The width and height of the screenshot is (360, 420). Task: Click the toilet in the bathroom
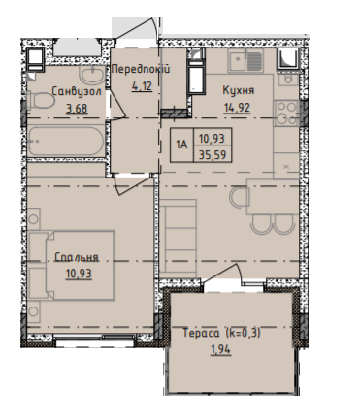pyautogui.click(x=41, y=101)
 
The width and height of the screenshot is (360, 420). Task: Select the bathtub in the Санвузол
pyautogui.click(x=66, y=142)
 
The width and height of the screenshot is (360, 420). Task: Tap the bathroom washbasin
pyautogui.click(x=92, y=75)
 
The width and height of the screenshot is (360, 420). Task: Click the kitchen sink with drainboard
pyautogui.click(x=245, y=60)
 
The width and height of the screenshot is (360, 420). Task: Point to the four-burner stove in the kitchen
pyautogui.click(x=286, y=113)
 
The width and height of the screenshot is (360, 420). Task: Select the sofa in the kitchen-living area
pyautogui.click(x=179, y=236)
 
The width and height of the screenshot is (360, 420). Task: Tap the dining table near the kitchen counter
pyautogui.click(x=273, y=196)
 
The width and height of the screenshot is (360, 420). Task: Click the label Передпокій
pyautogui.click(x=141, y=69)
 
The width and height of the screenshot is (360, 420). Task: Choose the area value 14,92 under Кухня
pyautogui.click(x=237, y=108)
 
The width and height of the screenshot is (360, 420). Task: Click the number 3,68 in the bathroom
pyautogui.click(x=77, y=109)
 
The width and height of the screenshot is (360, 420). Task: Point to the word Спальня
pyautogui.click(x=77, y=257)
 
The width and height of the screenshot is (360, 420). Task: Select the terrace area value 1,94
pyautogui.click(x=221, y=349)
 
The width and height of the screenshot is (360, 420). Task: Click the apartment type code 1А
pyautogui.click(x=181, y=145)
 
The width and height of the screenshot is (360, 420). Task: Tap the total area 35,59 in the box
pyautogui.click(x=213, y=155)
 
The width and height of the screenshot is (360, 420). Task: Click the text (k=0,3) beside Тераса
pyautogui.click(x=244, y=333)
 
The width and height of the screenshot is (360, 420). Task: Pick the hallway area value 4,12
pyautogui.click(x=142, y=86)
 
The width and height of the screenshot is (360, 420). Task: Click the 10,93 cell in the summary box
pyautogui.click(x=212, y=139)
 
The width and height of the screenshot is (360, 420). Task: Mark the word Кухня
pyautogui.click(x=239, y=90)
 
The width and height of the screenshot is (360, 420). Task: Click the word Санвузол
pyautogui.click(x=77, y=91)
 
